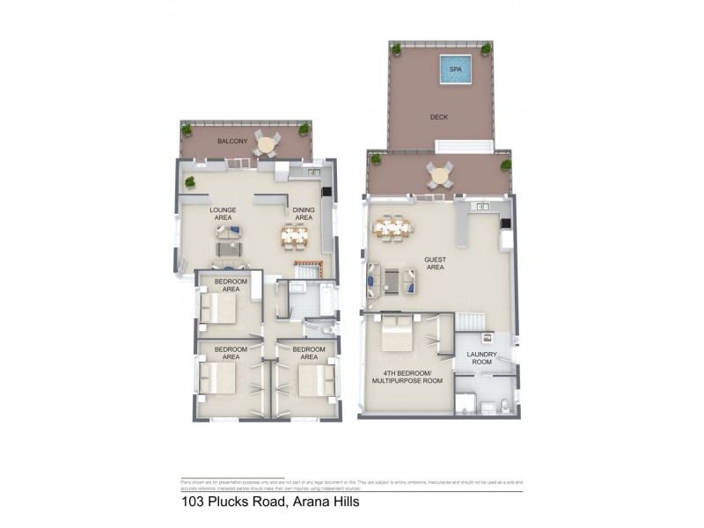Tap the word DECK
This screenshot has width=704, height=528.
pos(440,117)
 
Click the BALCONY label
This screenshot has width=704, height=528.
pos(208,139)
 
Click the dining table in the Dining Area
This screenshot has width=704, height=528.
pos(296,235)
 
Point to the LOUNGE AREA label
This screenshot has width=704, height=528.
pos(221,215)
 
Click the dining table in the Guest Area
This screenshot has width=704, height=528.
pos(393,229)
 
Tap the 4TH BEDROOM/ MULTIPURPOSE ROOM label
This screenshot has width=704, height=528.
pos(407,377)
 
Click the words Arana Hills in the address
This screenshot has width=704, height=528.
pos(324,502)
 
